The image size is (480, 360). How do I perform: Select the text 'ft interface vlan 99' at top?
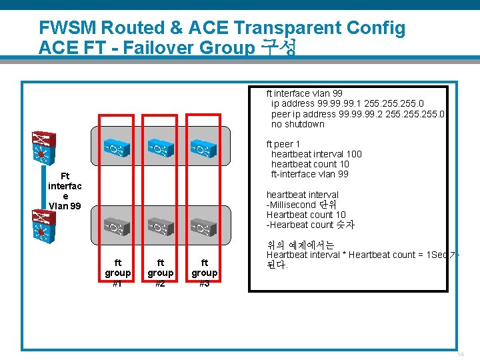click(x=304, y=94)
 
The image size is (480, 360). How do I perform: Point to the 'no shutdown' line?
click(x=297, y=124)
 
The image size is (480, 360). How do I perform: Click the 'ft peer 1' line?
click(x=283, y=144)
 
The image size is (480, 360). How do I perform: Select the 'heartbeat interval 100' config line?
click(x=316, y=154)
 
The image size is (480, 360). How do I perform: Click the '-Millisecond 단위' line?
click(x=301, y=205)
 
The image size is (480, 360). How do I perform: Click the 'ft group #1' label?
click(x=118, y=273)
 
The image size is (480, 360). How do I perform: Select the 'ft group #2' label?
click(x=160, y=273)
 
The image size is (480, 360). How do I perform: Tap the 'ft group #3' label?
click(x=204, y=273)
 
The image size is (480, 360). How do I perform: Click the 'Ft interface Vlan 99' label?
click(x=65, y=191)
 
